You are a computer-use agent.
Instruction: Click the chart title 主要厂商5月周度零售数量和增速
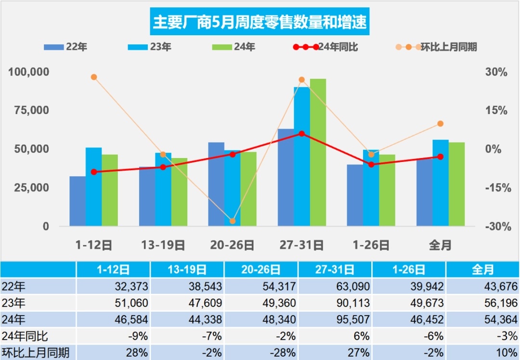(x=260, y=22)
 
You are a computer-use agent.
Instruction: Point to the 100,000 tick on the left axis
(x=29, y=72)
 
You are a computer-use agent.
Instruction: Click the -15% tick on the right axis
(x=495, y=188)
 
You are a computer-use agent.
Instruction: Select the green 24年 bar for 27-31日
(x=318, y=152)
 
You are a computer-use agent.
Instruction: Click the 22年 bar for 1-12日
(x=78, y=201)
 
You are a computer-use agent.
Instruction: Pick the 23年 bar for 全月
(x=440, y=183)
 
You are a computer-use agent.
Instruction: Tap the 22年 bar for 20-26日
(x=216, y=184)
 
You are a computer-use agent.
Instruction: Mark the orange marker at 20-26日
(x=233, y=221)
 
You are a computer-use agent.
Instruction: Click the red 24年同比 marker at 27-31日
(x=302, y=133)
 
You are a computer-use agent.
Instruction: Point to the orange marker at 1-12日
(x=94, y=77)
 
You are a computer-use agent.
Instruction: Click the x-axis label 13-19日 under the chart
(x=163, y=245)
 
